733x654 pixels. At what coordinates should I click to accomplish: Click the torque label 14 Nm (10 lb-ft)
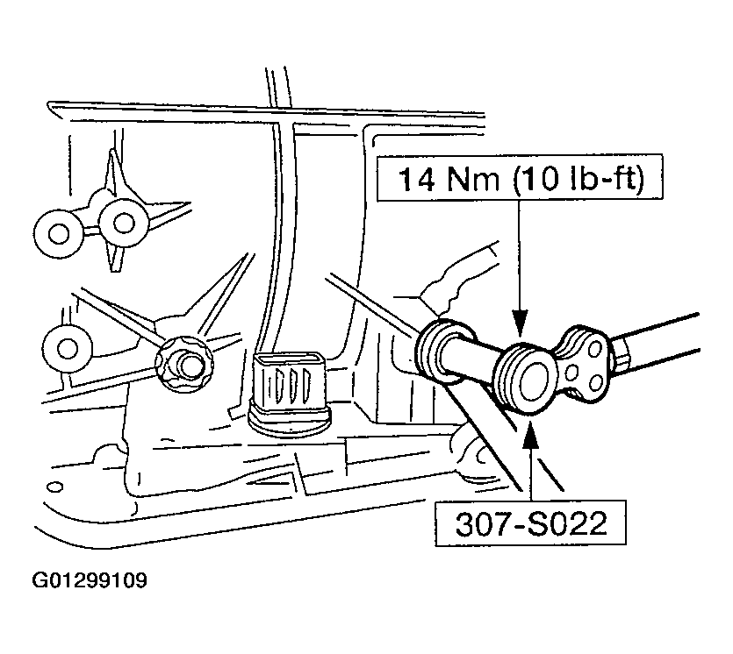520,178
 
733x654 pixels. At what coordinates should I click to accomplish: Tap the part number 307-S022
531,523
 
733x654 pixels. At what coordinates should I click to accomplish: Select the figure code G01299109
90,580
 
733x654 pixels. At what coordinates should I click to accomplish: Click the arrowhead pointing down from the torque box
519,323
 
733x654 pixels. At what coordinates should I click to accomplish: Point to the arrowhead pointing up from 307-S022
530,433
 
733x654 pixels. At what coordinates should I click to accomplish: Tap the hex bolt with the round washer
184,364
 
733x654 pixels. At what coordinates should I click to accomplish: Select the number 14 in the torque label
416,179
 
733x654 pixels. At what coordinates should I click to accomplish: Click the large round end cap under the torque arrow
527,379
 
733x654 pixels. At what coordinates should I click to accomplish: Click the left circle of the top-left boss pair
59,233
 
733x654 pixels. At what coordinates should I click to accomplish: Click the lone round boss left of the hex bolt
68,348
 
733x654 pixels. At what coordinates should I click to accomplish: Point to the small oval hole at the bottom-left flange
55,487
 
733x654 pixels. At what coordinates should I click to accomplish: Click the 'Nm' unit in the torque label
473,179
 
